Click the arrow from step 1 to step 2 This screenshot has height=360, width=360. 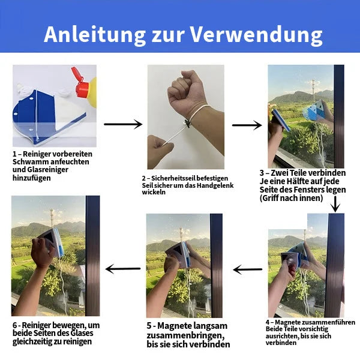coord(123,124)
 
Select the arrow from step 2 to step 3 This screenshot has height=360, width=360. coord(247,125)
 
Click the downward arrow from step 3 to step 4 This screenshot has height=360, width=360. coord(335,205)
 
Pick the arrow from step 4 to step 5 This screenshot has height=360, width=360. coord(248,269)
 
